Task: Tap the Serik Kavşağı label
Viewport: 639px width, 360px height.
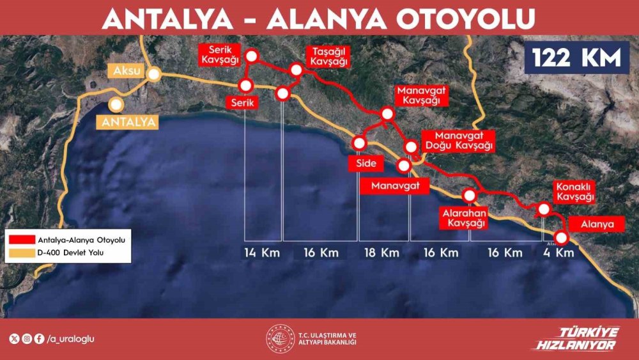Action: (219, 55)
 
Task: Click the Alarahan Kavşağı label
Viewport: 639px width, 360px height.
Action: (463, 217)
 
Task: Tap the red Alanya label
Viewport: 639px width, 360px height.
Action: (597, 224)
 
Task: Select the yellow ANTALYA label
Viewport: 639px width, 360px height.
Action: (127, 121)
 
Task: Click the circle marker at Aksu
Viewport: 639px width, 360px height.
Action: (154, 75)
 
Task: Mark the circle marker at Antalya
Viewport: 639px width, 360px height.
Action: (116, 104)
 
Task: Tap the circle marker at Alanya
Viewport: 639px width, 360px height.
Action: (561, 238)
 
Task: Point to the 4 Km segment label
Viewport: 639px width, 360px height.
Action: (558, 253)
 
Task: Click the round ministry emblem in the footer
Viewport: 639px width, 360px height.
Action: (279, 338)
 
